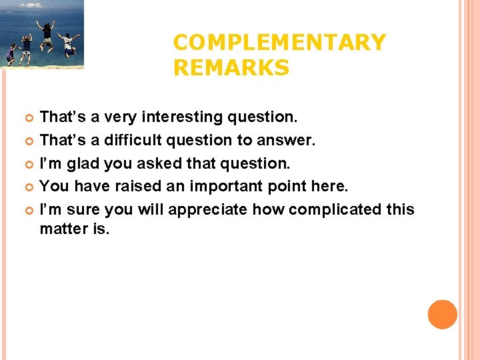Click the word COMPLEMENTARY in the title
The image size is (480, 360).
coord(279,43)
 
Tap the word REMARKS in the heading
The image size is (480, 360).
coord(231,67)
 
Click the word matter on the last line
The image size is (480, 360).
coord(59,230)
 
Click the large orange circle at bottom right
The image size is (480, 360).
coord(442,314)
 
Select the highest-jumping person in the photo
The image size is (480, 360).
coord(47,34)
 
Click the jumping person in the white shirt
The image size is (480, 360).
coord(68,44)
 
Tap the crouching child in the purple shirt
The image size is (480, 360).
coord(11,53)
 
